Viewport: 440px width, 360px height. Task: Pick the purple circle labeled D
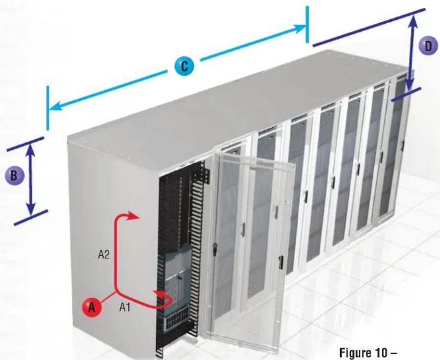tap(428, 46)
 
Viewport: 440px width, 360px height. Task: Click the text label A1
tap(125, 308)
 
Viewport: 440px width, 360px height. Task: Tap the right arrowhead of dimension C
tap(300, 28)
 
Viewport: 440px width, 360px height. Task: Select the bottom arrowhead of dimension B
tap(31, 209)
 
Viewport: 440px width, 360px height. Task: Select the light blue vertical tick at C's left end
tap(47, 108)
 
